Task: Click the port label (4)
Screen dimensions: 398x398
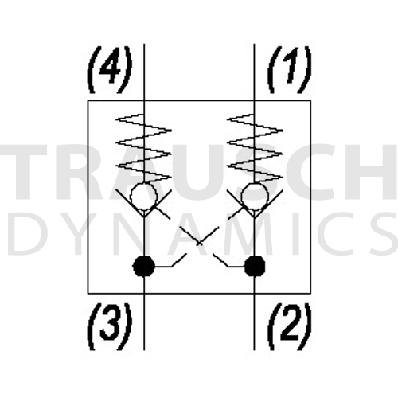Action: pyautogui.click(x=109, y=69)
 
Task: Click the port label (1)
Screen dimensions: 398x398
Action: pyautogui.click(x=290, y=69)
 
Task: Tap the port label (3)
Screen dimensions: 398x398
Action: pyautogui.click(x=109, y=326)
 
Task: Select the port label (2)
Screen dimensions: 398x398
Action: pyautogui.click(x=290, y=326)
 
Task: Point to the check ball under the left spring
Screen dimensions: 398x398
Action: pyautogui.click(x=143, y=196)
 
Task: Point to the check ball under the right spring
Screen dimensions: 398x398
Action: pyautogui.click(x=255, y=196)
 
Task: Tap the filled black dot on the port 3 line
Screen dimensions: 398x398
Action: pyautogui.click(x=143, y=266)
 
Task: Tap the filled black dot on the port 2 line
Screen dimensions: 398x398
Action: pyautogui.click(x=255, y=266)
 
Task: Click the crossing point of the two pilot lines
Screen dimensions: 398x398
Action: pyautogui.click(x=200, y=243)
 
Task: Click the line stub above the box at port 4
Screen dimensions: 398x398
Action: pyautogui.click(x=144, y=72)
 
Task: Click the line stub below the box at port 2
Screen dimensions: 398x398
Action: pyautogui.click(x=254, y=322)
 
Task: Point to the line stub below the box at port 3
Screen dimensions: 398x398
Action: pyautogui.click(x=144, y=322)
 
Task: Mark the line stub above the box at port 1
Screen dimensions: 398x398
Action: pyautogui.click(x=254, y=72)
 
